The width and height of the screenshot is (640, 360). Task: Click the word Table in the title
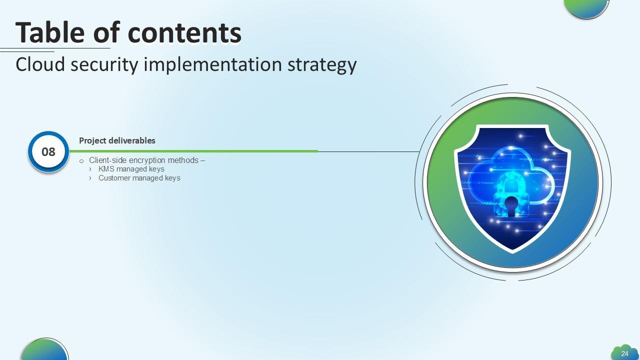[x=50, y=32]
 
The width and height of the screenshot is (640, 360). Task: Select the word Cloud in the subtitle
[x=40, y=64]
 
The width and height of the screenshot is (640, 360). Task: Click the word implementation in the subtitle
[x=213, y=65]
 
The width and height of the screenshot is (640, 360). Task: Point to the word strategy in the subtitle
[x=322, y=65]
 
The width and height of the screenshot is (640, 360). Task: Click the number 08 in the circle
[x=48, y=152]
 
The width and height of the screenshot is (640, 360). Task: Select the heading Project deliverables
[x=117, y=140]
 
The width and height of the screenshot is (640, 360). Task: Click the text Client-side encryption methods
[x=143, y=160]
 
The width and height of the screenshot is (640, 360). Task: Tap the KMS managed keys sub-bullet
[x=131, y=169]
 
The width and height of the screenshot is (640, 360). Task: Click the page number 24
[x=625, y=353]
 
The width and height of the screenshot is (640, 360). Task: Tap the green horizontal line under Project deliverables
[x=193, y=151]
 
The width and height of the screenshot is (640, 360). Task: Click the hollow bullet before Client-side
[x=81, y=161]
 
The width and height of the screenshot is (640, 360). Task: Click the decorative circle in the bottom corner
[x=44, y=350]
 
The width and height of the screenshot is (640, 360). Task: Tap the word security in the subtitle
[x=104, y=65]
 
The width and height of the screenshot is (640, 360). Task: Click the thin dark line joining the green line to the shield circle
[x=369, y=151]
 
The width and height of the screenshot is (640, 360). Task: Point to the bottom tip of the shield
[x=512, y=253]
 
